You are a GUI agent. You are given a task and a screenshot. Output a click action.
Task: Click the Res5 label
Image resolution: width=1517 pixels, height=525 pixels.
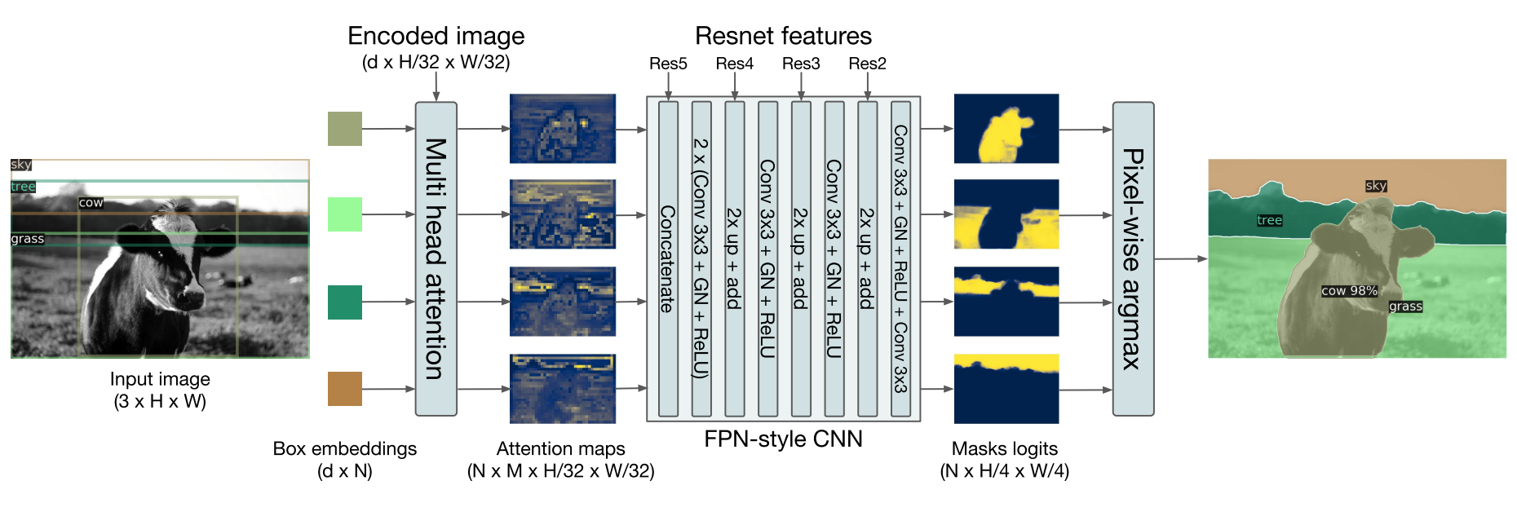pyautogui.click(x=668, y=64)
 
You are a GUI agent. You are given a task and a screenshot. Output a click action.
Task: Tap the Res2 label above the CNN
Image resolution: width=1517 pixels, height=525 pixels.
pyautogui.click(x=867, y=64)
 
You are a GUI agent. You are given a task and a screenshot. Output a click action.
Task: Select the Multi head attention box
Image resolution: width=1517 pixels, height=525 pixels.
pyautogui.click(x=436, y=258)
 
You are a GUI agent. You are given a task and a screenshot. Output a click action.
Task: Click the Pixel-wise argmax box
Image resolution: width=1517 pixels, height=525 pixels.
pyautogui.click(x=1133, y=258)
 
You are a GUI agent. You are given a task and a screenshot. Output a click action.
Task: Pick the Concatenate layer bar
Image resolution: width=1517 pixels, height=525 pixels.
pyautogui.click(x=668, y=258)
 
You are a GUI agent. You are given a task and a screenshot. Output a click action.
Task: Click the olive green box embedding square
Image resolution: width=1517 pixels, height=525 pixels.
pyautogui.click(x=344, y=129)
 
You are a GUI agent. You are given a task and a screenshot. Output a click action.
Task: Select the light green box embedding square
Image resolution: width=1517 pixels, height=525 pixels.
pyautogui.click(x=344, y=214)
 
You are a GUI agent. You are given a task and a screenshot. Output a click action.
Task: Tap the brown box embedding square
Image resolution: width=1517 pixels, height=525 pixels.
pyautogui.click(x=344, y=389)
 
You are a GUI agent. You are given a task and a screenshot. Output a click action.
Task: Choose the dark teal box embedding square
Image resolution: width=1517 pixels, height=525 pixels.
pyautogui.click(x=344, y=302)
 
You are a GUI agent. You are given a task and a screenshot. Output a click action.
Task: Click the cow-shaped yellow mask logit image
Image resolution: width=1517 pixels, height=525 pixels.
pyautogui.click(x=1006, y=129)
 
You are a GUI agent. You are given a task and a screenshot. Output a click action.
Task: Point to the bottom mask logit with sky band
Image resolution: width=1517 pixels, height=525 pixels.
pyautogui.click(x=1006, y=389)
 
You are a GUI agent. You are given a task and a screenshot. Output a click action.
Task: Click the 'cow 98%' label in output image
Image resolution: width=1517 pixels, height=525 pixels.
pyautogui.click(x=1349, y=291)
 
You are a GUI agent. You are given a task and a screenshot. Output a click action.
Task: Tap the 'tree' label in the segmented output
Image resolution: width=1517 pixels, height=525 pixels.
pyautogui.click(x=1269, y=220)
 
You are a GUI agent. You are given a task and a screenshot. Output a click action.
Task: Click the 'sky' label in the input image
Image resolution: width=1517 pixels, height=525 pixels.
pyautogui.click(x=21, y=165)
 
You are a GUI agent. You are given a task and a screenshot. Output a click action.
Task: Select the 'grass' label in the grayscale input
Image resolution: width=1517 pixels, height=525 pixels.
pyautogui.click(x=27, y=239)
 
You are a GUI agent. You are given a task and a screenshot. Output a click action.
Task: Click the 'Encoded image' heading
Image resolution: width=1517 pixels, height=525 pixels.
pyautogui.click(x=436, y=36)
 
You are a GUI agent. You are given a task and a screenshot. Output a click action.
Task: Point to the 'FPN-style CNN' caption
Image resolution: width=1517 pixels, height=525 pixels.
pyautogui.click(x=783, y=439)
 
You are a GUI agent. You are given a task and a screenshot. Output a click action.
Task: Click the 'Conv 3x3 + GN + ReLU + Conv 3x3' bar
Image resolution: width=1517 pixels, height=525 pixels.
pyautogui.click(x=900, y=258)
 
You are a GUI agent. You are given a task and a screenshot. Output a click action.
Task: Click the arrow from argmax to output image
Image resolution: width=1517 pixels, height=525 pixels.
pyautogui.click(x=1180, y=258)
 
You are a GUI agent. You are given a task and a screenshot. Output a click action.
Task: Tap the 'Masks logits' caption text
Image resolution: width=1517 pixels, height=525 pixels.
pyautogui.click(x=1004, y=449)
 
